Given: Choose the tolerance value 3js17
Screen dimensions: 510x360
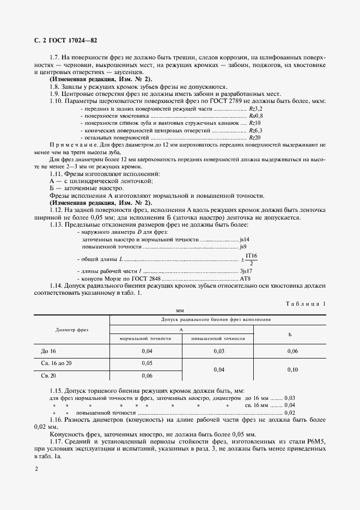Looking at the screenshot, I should coord(246,271).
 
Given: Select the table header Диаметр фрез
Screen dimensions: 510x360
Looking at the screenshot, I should coord(72,330).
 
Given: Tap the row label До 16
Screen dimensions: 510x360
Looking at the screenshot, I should coord(48,351).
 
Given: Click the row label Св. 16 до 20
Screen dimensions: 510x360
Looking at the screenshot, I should coord(56,362).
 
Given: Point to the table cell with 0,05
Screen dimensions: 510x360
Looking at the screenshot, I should coord(147,362).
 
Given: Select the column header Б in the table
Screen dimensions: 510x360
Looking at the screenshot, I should coord(290,333).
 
